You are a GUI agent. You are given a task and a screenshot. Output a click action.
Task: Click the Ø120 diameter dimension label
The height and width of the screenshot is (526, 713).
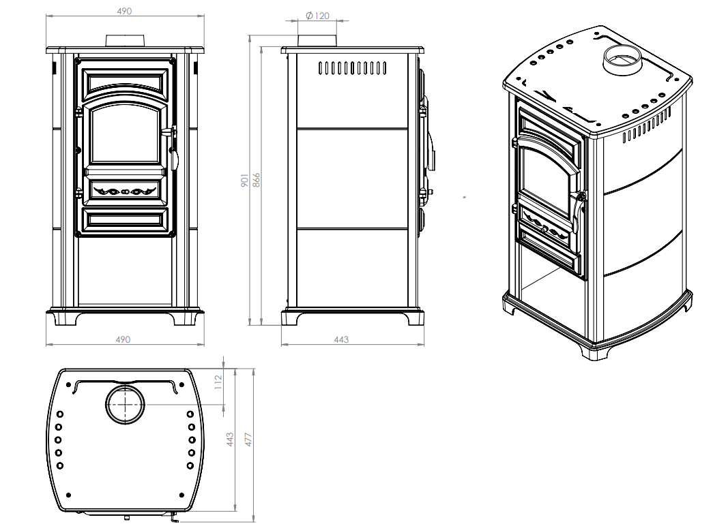click(317, 16)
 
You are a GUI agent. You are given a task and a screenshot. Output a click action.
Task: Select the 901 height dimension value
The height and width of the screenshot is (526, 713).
click(244, 181)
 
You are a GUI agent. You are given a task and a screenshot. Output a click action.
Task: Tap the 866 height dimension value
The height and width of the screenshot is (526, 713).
click(256, 181)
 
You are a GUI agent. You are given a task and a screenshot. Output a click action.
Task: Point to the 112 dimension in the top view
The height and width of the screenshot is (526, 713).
click(218, 382)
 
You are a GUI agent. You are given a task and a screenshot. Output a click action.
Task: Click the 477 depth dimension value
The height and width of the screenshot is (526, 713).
click(248, 439)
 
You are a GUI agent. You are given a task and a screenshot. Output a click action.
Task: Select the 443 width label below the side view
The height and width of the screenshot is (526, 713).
click(341, 339)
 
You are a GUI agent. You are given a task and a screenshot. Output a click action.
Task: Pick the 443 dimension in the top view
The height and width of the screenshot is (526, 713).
click(230, 439)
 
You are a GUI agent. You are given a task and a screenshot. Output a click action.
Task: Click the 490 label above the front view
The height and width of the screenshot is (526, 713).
click(124, 11)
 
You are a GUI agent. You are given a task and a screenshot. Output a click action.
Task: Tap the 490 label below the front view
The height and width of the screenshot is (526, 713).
click(123, 339)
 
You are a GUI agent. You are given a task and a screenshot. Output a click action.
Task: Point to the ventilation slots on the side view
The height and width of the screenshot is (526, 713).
click(353, 68)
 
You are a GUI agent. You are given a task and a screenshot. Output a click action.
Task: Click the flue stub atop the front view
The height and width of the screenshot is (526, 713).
click(126, 41)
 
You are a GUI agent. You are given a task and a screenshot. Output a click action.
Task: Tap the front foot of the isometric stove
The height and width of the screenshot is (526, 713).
click(594, 352)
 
